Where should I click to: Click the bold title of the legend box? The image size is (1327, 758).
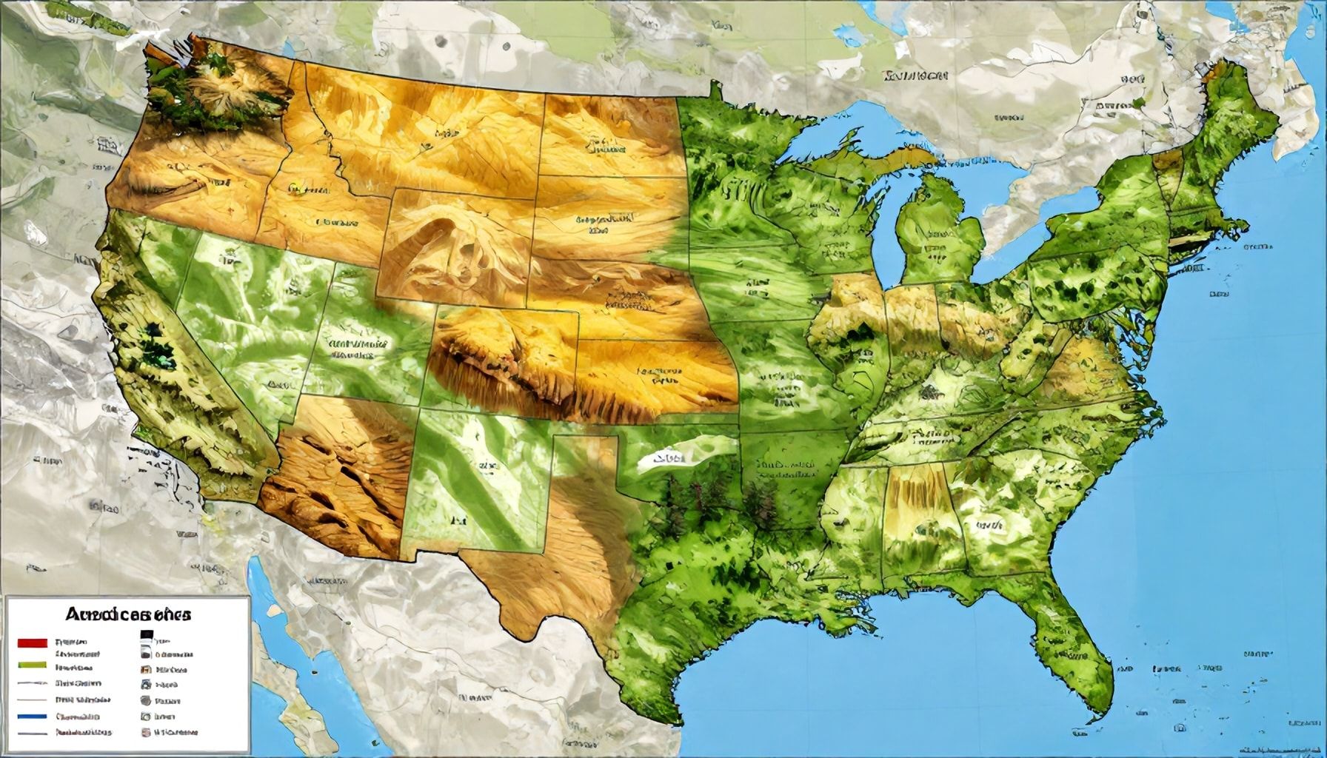click(x=128, y=614)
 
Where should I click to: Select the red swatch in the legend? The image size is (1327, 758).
click(x=31, y=642)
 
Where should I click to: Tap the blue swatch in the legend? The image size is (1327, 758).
click(x=31, y=717)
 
